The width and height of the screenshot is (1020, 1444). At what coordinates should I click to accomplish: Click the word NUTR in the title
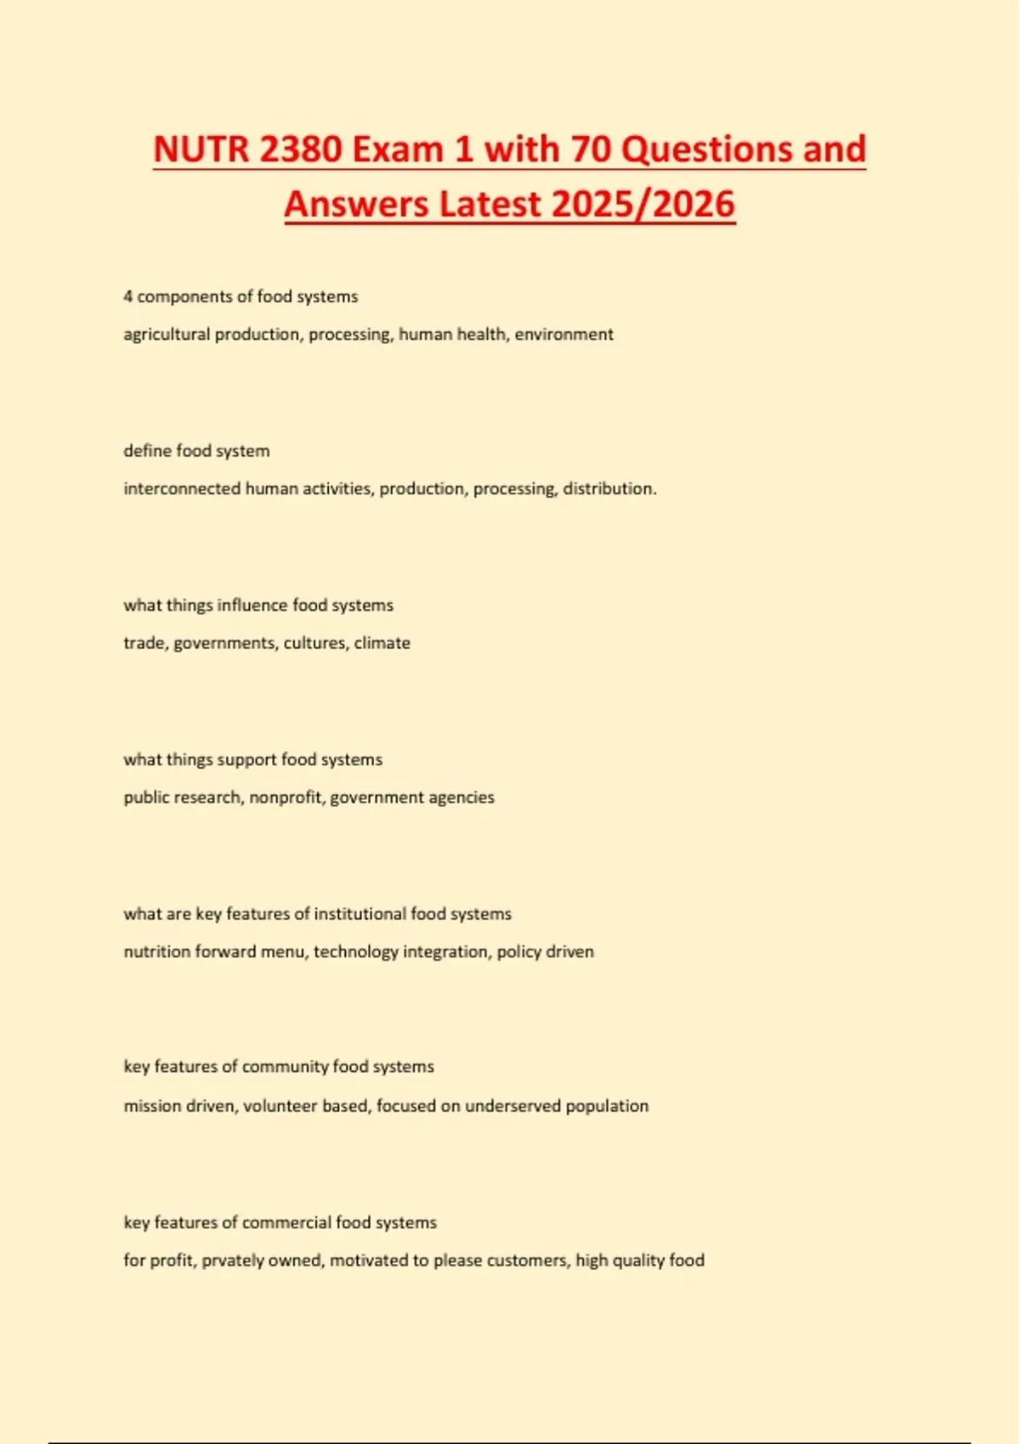coord(201,149)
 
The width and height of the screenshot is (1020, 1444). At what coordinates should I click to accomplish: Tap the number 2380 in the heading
coord(301,149)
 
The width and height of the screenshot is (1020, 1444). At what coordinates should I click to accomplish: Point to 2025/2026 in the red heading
coord(643,205)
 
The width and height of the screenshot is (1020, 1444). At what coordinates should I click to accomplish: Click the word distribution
coord(609,489)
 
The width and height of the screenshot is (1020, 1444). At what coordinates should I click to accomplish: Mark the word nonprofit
coord(286,798)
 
